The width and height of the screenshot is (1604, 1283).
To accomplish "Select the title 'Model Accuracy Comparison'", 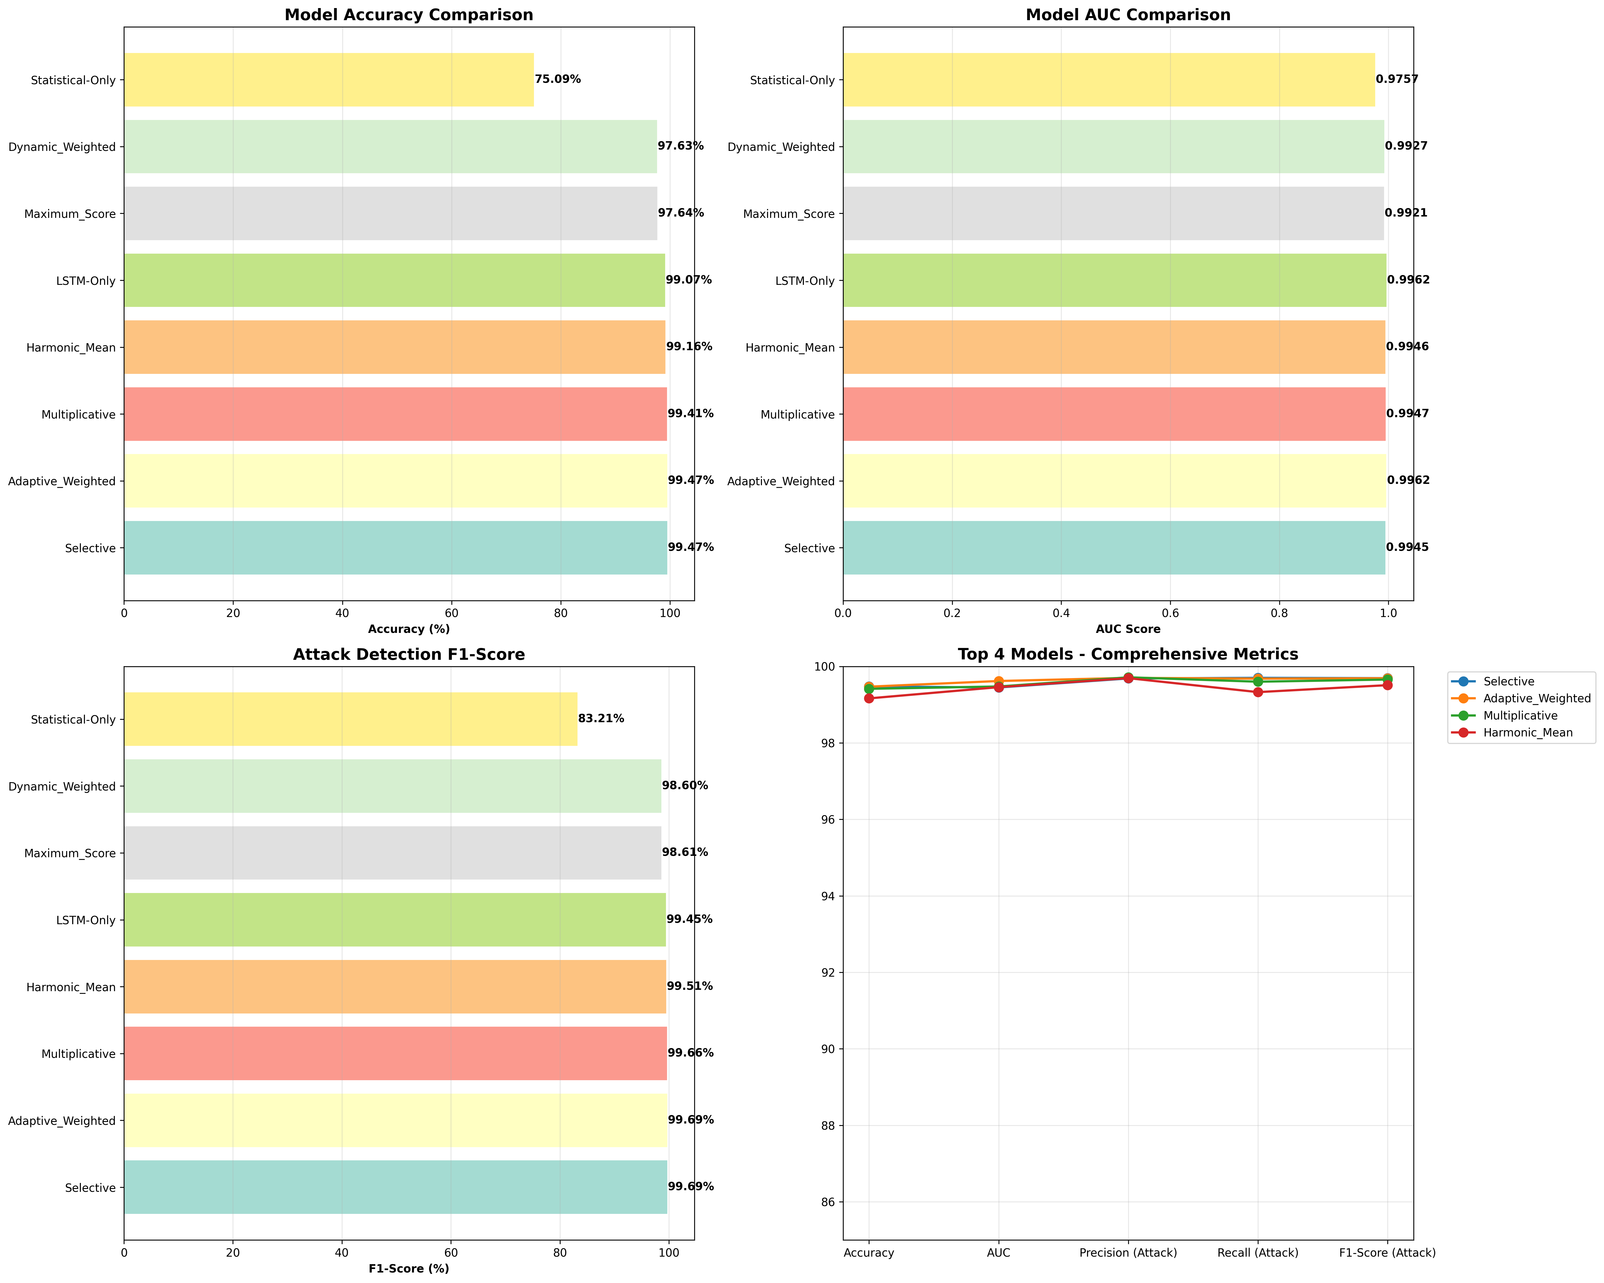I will click(x=408, y=15).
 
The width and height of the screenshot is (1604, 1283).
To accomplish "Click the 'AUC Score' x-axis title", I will click(x=1128, y=629).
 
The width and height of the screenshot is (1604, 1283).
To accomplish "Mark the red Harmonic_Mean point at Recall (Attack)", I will click(x=1257, y=692).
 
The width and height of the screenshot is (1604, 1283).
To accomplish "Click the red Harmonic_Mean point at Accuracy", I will click(x=869, y=698).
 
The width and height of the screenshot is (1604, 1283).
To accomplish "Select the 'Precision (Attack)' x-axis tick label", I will click(x=1128, y=1253).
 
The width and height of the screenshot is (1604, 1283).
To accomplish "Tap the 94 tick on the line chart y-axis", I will click(x=826, y=896).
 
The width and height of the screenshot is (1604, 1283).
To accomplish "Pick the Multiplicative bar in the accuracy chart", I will click(x=395, y=414).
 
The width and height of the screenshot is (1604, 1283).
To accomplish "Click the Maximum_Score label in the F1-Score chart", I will click(x=70, y=853).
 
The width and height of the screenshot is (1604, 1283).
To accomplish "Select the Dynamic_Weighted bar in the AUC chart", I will click(x=1113, y=147).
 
